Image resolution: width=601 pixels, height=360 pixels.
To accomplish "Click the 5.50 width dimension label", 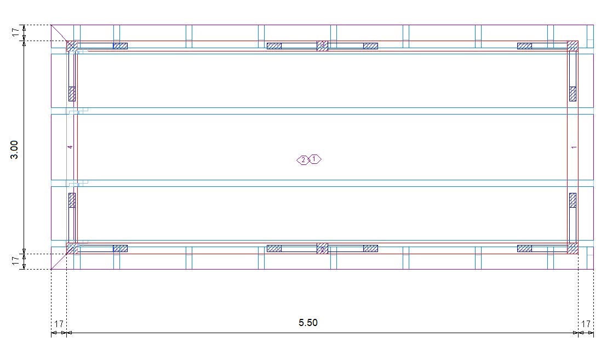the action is [x=308, y=323].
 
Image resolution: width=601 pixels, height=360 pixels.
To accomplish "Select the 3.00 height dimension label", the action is [x=14, y=150].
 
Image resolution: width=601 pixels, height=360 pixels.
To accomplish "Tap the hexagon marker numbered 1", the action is [x=314, y=159].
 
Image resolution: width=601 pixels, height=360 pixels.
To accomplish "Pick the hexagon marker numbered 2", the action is [x=303, y=160].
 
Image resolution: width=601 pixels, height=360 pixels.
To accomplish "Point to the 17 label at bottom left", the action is [x=59, y=324].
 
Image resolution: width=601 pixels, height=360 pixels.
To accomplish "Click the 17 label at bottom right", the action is [x=586, y=324].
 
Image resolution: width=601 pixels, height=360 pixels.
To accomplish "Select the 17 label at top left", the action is [x=15, y=32].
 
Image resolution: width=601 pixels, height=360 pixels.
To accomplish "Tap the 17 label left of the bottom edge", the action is [x=15, y=261].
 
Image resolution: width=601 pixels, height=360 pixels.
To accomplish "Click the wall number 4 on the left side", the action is [x=70, y=147].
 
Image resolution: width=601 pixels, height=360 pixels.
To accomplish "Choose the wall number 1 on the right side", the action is [x=574, y=147].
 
